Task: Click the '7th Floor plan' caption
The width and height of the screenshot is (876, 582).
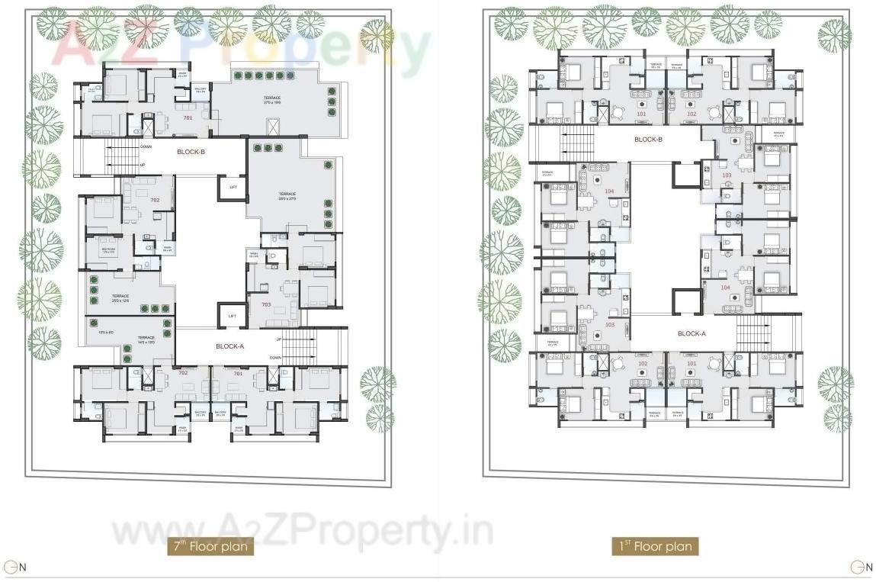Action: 210,546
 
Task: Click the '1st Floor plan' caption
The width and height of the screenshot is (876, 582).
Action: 655,546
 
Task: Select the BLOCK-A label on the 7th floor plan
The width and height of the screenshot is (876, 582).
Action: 230,346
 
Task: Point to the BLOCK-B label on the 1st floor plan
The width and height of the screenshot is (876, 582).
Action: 647,140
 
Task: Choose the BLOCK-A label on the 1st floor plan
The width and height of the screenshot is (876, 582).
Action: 691,334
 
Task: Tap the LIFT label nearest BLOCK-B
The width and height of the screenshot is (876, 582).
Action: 233,187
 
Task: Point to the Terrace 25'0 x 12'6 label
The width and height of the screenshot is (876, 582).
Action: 120,298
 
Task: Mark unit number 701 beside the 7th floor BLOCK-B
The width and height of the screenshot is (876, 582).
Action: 188,118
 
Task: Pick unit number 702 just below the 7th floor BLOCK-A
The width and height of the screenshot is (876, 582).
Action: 183,373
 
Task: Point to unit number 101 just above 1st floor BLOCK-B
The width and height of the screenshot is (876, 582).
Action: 641,114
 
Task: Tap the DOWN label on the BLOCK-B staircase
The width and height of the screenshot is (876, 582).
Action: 146,146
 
